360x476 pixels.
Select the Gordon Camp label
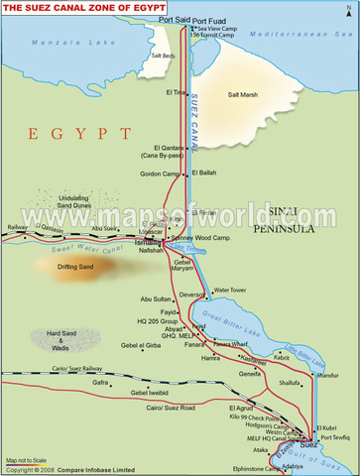click(x=160, y=174)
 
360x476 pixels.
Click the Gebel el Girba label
click(x=140, y=346)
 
